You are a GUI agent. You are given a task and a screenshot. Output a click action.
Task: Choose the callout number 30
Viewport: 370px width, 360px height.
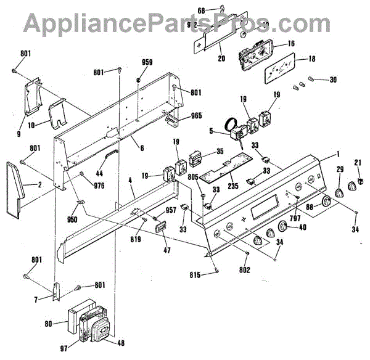pos(333,80)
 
